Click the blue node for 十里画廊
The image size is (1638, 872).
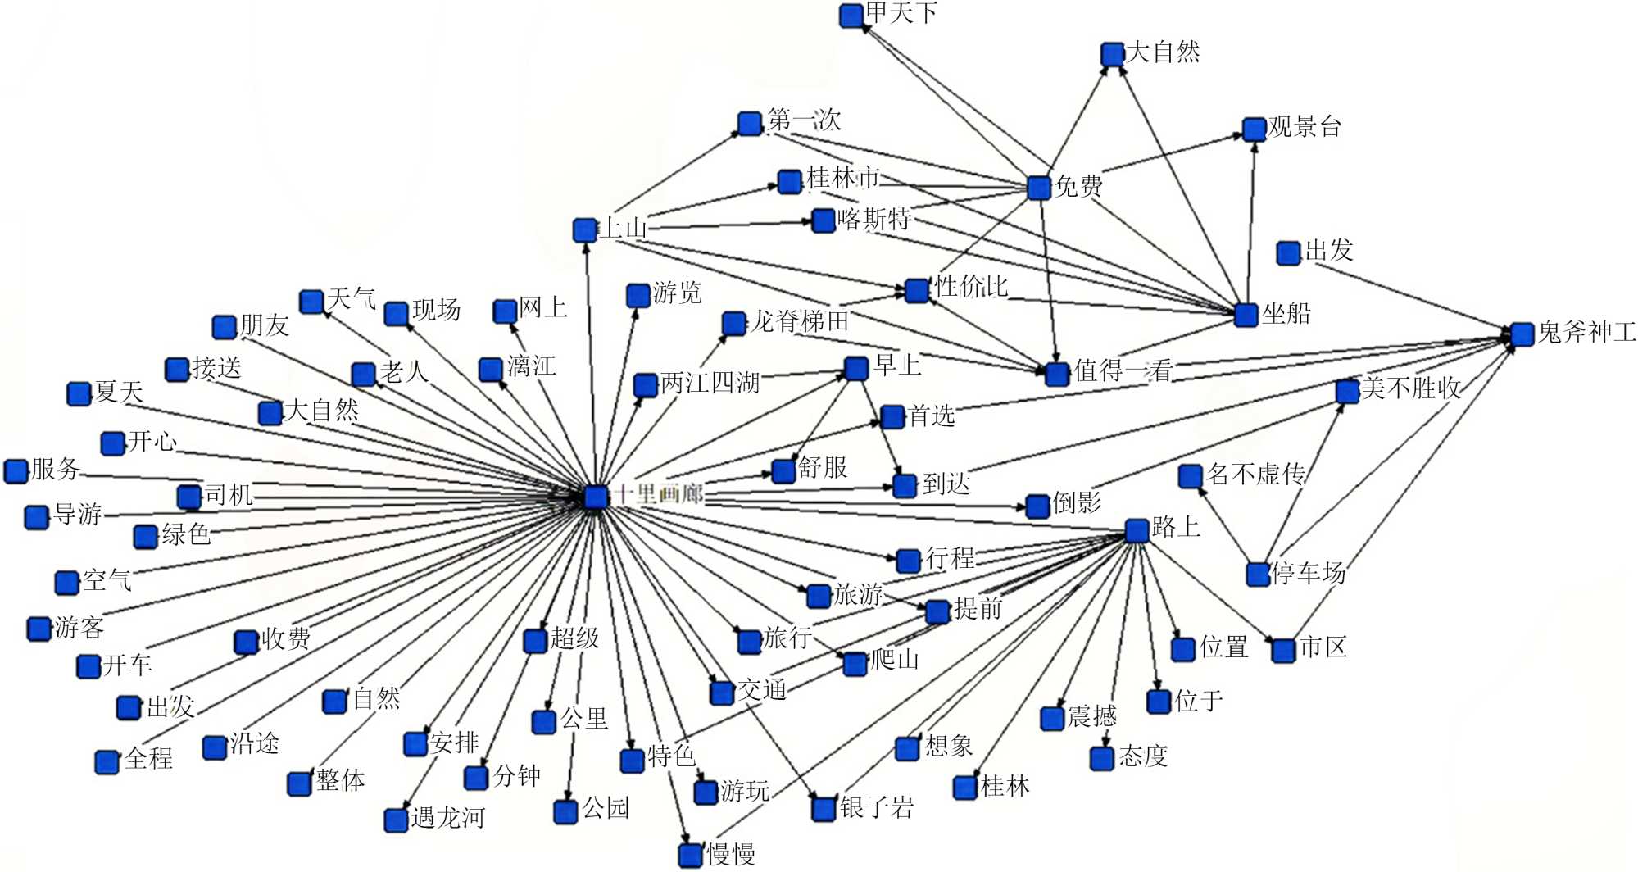coord(596,497)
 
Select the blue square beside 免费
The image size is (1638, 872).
coord(1039,188)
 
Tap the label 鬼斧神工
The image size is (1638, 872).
coord(1587,332)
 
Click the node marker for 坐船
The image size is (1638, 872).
coord(1246,315)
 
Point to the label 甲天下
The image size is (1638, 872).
coord(901,13)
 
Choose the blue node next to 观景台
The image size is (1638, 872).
coord(1254,129)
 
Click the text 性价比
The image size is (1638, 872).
coord(971,287)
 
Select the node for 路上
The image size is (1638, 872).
coord(1137,530)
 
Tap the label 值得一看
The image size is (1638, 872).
coord(1123,370)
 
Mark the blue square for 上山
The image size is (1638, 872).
coord(584,229)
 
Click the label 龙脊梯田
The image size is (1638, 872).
coord(799,321)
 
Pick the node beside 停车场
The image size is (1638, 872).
coord(1258,574)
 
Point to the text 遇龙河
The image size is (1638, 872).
coord(447,818)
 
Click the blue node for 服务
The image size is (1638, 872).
coord(16,471)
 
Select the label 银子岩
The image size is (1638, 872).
coord(877,807)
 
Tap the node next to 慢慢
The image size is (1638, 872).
coord(690,855)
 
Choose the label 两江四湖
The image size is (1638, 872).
coord(710,383)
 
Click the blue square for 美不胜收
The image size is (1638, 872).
coord(1347,391)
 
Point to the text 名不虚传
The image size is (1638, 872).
coord(1256,474)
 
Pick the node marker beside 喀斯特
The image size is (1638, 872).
coord(823,220)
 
